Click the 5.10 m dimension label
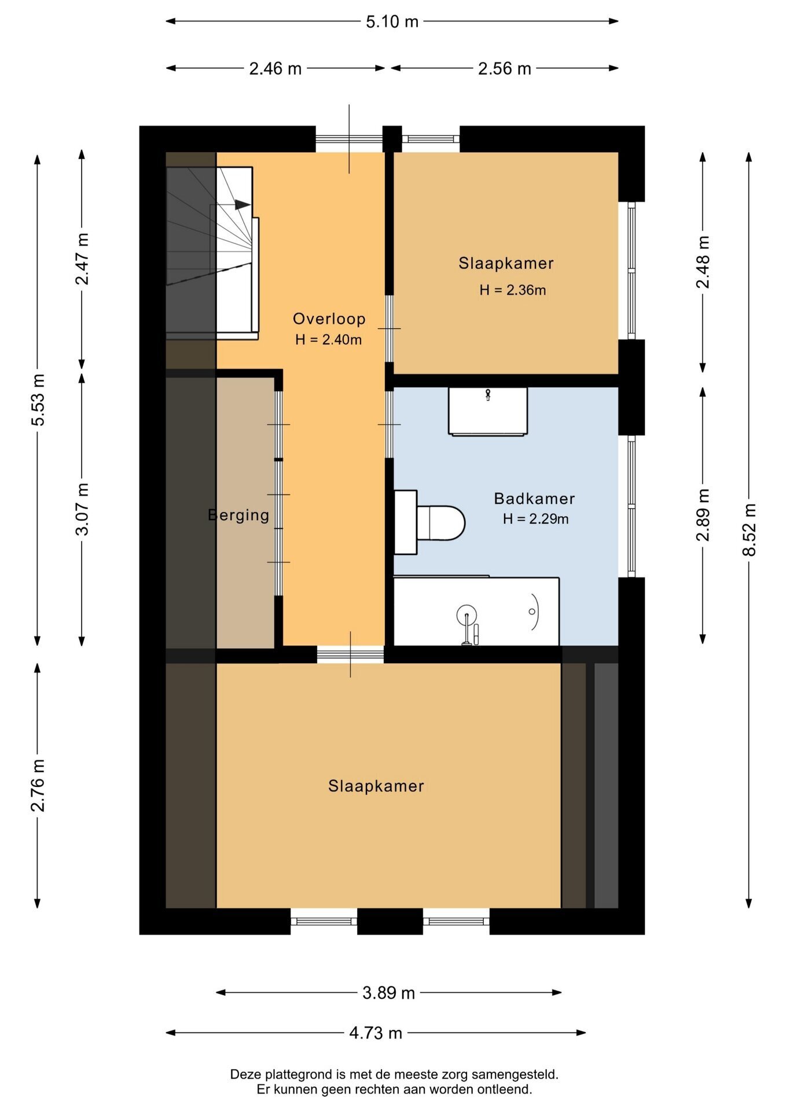coord(392,21)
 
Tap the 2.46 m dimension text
coord(276,69)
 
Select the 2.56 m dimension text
coord(504,69)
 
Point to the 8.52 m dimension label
coord(749,529)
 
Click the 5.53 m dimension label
coord(38,400)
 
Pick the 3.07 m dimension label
coord(82,509)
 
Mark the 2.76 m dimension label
coord(38,785)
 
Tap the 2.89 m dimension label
coord(703,515)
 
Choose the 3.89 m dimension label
coord(388,993)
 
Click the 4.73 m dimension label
coord(376,1033)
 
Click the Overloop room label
coord(329,319)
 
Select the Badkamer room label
coord(534,499)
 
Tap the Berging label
coord(238,516)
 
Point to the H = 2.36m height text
coord(513,290)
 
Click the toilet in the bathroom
coord(430,523)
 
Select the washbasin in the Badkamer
coord(488,411)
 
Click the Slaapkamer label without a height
coord(376,786)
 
